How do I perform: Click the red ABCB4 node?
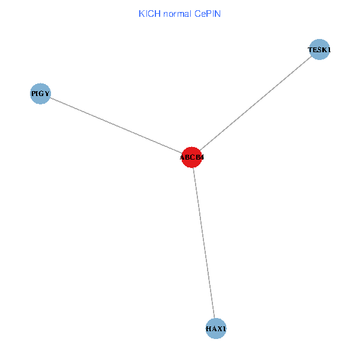[x=191, y=157]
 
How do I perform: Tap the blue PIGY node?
[x=40, y=94]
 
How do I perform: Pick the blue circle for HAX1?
[x=216, y=328]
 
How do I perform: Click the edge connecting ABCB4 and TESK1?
[x=255, y=104]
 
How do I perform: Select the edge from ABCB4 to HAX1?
[x=203, y=242]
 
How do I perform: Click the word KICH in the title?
[x=149, y=13]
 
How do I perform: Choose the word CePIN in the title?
[x=208, y=13]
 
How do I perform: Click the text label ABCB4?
[x=192, y=158]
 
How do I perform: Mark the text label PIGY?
[x=40, y=94]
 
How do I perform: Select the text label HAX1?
[x=216, y=329]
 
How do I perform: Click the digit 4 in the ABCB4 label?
[x=202, y=158]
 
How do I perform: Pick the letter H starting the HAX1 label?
[x=208, y=329]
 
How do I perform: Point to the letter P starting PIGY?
[x=34, y=94]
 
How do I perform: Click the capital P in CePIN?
[x=208, y=13]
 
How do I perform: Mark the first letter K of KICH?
[x=141, y=13]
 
